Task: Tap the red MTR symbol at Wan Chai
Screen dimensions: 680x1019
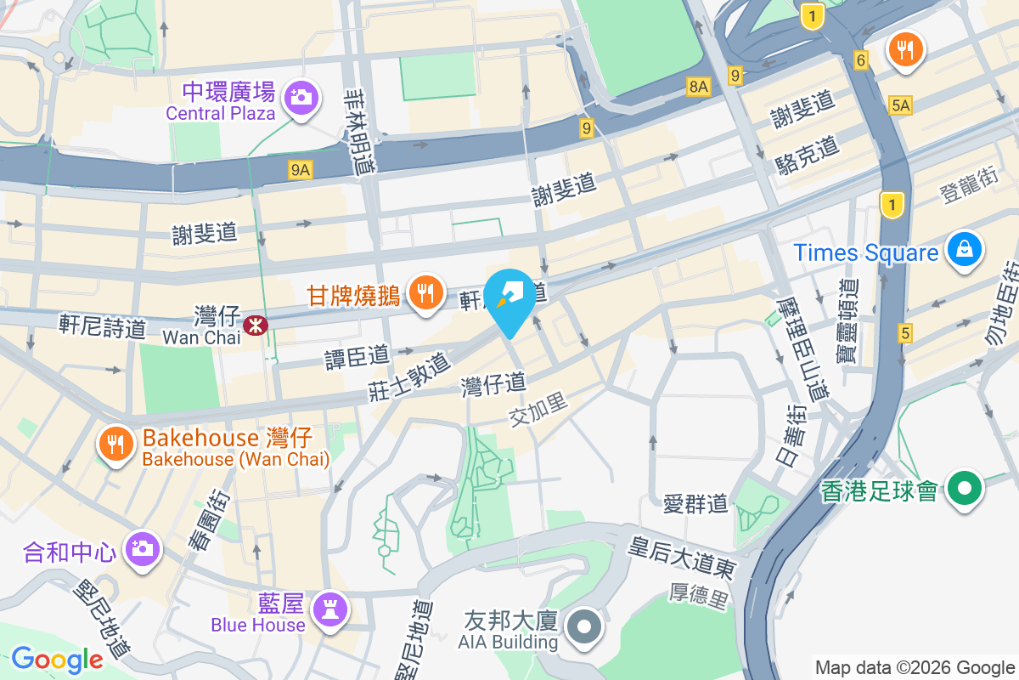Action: [x=253, y=325]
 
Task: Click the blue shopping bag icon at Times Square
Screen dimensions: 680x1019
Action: [x=965, y=250]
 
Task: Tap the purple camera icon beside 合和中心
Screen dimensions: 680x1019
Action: [x=142, y=547]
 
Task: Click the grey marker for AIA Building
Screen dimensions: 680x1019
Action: [x=585, y=628]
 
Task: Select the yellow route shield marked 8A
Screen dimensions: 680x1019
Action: [x=698, y=86]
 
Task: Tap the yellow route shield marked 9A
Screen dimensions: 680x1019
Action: [x=301, y=171]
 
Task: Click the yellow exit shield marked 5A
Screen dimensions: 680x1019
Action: [x=900, y=105]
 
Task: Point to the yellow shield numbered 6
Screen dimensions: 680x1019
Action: [x=861, y=60]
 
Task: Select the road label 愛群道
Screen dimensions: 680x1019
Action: [x=695, y=505]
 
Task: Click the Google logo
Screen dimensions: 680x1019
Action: [x=57, y=659]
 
